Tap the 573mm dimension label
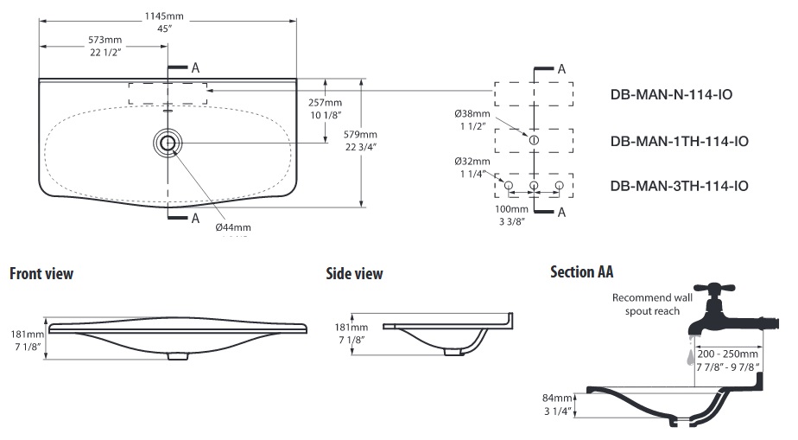[104, 41]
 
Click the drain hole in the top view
[168, 143]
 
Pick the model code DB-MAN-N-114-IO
[671, 95]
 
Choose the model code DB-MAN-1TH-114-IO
[679, 141]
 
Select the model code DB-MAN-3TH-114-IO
[679, 186]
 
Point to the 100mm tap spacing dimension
[511, 209]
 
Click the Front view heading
[41, 274]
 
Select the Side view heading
[354, 274]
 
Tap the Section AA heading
[581, 272]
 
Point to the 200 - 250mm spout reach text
[727, 354]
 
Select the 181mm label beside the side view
[351, 328]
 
